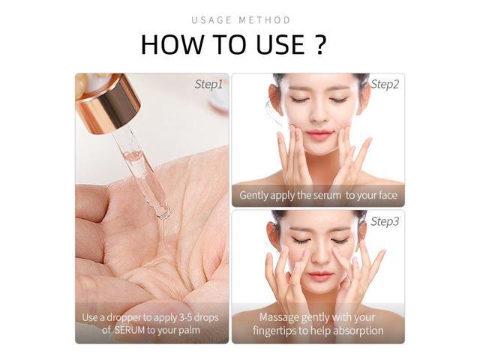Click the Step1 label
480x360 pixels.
click(x=208, y=84)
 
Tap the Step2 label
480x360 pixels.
click(x=385, y=84)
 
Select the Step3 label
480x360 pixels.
click(x=385, y=221)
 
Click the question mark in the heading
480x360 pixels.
click(x=319, y=45)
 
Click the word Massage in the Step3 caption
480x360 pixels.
click(x=279, y=317)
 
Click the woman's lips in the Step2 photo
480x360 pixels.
click(x=319, y=135)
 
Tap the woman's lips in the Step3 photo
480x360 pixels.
click(x=318, y=275)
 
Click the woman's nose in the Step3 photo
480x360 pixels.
click(x=318, y=257)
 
